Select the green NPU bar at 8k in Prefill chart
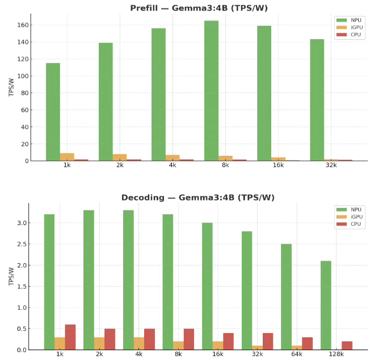tap(211, 91)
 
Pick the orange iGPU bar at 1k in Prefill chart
tap(67, 157)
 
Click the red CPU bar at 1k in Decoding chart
tap(70, 337)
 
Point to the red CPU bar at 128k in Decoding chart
tap(347, 345)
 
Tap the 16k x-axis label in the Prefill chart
tap(277, 165)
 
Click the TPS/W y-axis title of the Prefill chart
tap(11, 87)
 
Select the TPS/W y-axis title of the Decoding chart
tap(11, 276)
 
